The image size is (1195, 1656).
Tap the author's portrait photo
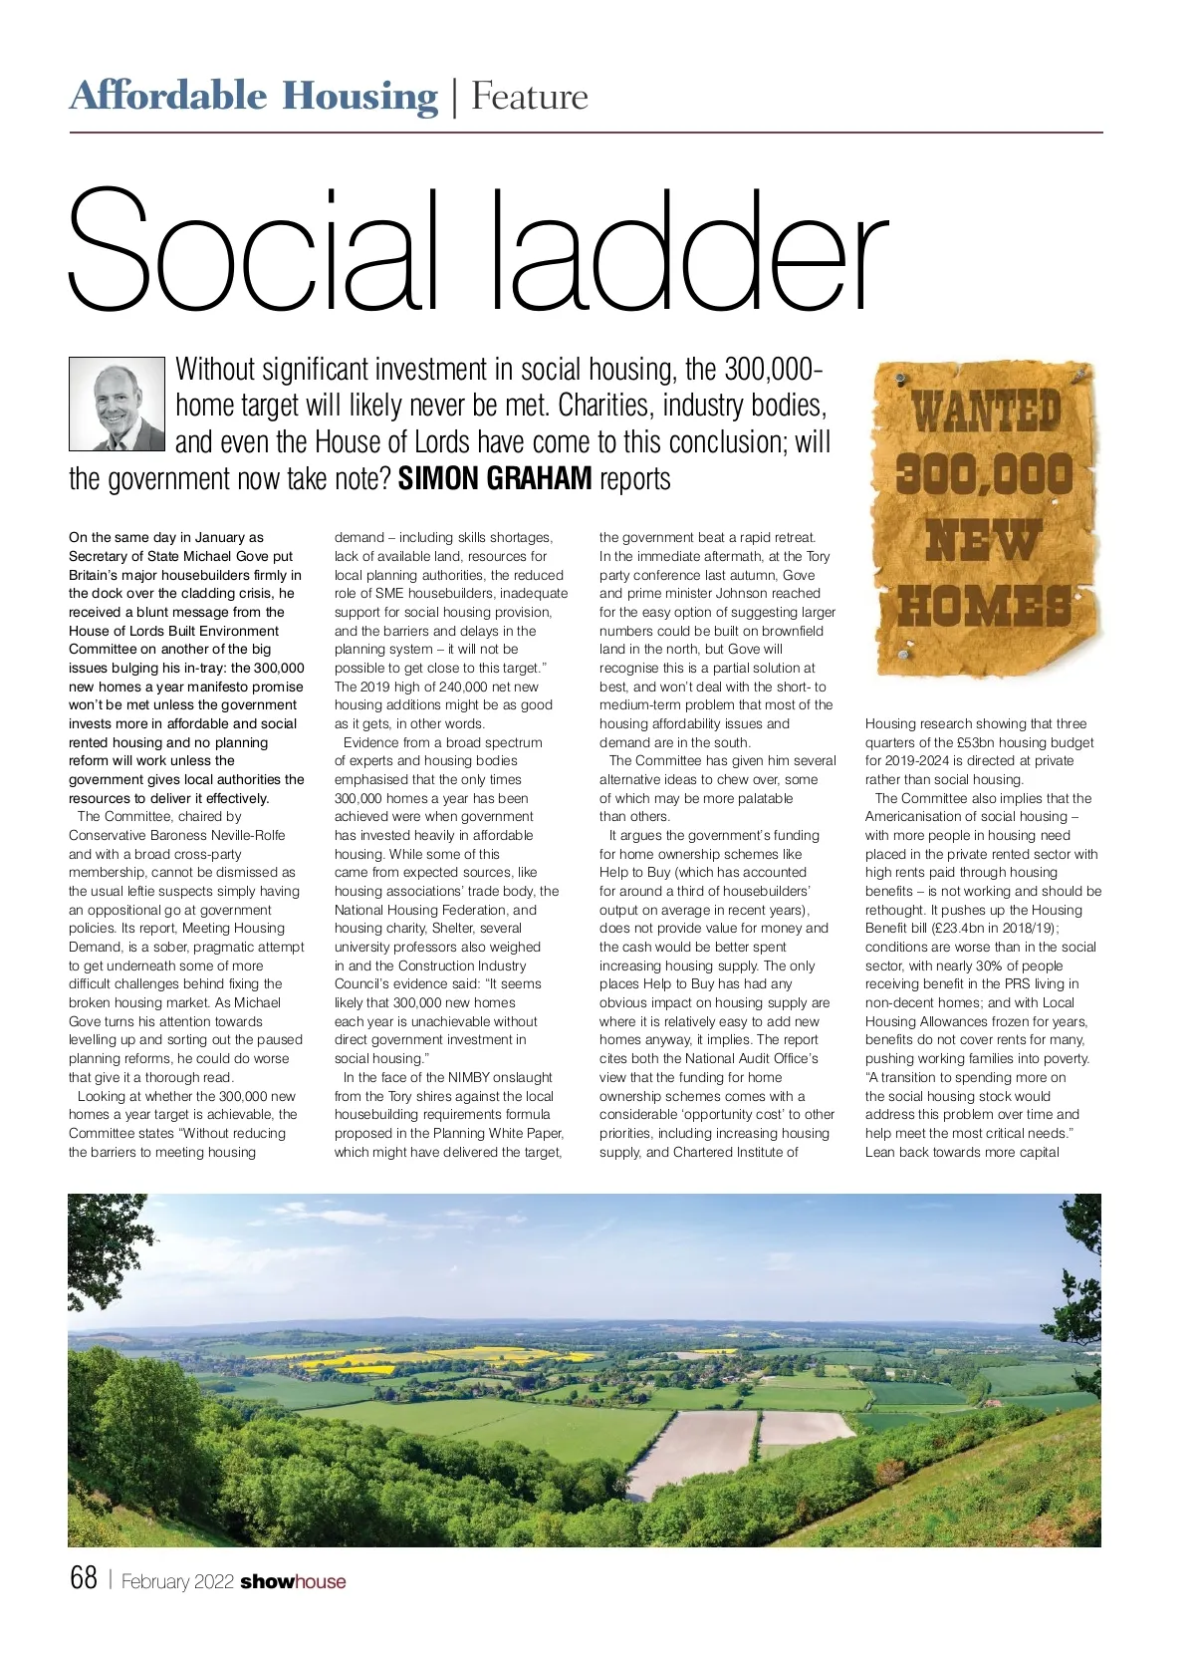click(117, 404)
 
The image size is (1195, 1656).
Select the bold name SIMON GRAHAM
click(495, 479)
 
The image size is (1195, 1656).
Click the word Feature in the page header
click(530, 97)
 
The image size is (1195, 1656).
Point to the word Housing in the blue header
click(359, 97)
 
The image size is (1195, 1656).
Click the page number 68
click(84, 1578)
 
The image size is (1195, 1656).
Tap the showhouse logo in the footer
click(293, 1581)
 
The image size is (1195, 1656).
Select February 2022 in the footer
click(177, 1581)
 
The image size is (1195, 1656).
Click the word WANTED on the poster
click(987, 411)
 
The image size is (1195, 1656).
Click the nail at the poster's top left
click(898, 381)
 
